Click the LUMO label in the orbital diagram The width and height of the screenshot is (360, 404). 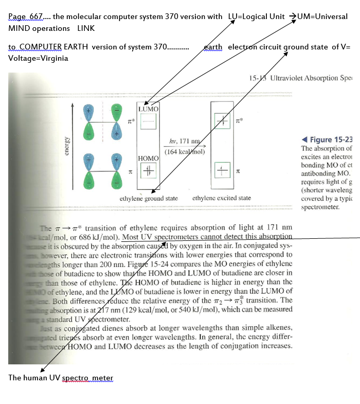coord(149,109)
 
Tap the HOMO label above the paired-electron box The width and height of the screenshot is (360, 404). coord(148,157)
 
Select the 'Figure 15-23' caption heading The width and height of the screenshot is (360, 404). coord(332,139)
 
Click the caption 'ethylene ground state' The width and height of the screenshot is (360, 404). coord(149,199)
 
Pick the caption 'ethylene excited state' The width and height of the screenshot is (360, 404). coord(222,198)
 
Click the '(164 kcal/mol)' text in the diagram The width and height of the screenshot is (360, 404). coord(185,151)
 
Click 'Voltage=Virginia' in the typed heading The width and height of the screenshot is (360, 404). coord(38,58)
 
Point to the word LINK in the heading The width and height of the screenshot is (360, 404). coord(86,28)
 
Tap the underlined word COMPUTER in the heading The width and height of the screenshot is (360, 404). coord(41,47)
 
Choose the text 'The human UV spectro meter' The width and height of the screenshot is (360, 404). coord(61,378)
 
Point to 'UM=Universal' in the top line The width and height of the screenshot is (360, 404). coord(321,17)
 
